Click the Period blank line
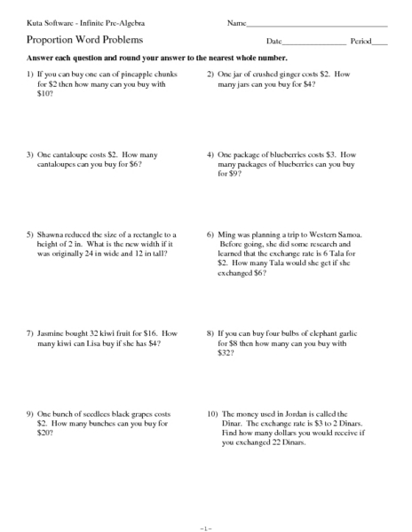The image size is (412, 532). click(380, 43)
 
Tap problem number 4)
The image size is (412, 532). click(210, 154)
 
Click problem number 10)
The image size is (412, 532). click(212, 414)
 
